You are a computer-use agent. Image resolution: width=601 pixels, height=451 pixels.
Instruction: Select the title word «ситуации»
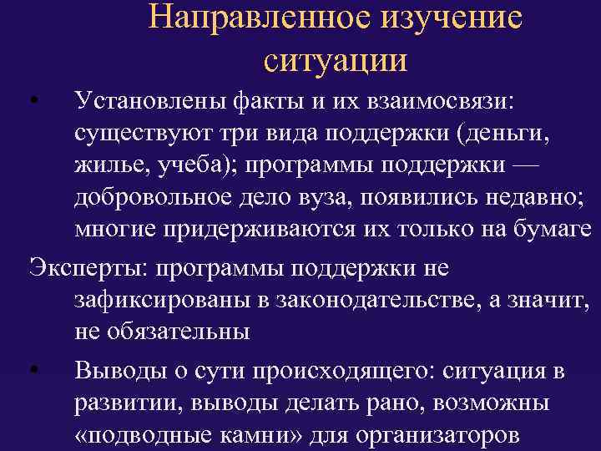[x=336, y=59]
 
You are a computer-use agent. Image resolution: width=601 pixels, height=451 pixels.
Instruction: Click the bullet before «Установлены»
[x=31, y=104]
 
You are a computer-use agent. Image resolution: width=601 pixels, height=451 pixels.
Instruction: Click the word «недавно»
[x=528, y=195]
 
